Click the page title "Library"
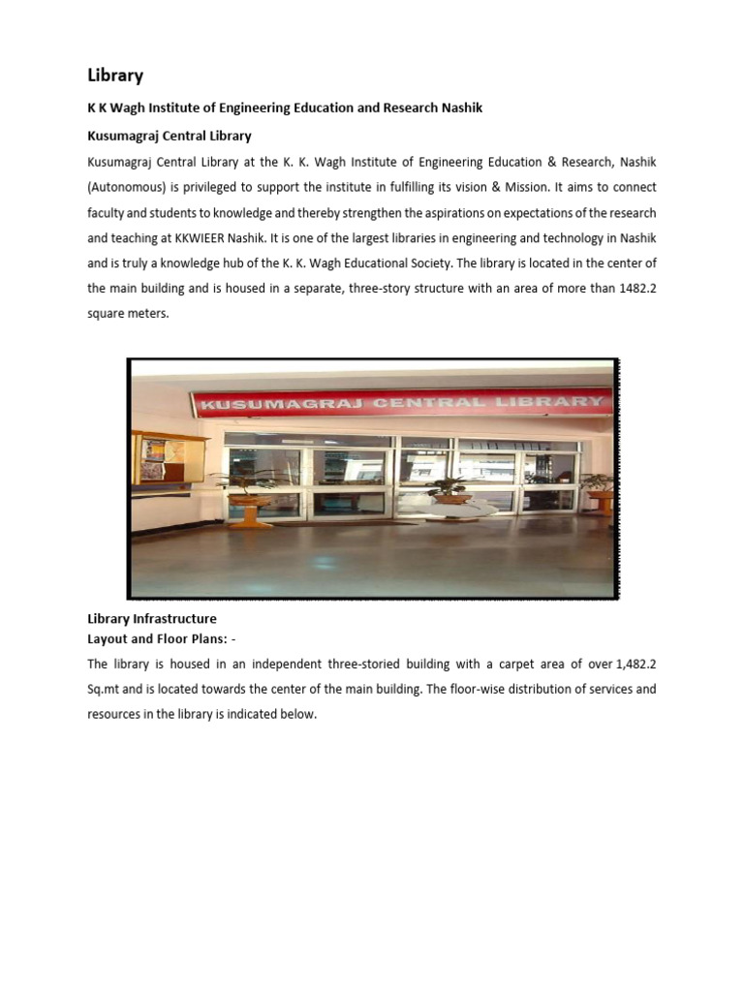click(115, 75)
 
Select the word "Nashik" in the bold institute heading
click(461, 108)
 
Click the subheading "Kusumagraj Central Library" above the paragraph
click(170, 137)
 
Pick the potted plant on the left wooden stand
click(250, 481)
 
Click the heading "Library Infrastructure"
click(152, 618)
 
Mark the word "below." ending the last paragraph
click(298, 714)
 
